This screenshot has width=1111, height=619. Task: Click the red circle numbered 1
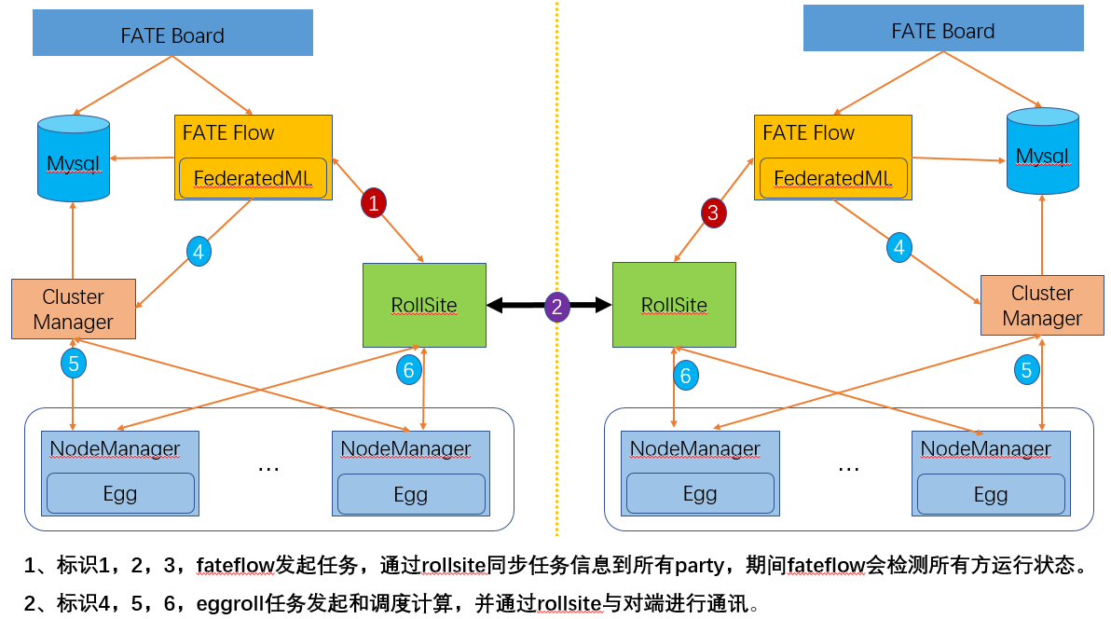coord(374,202)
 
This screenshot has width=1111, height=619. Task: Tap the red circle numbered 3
coord(713,213)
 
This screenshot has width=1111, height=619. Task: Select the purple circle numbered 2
coord(557,307)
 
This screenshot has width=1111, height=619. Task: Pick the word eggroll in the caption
coord(229,603)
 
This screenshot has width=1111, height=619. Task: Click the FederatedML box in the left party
coord(253,178)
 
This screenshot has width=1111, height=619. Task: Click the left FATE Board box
coord(172,34)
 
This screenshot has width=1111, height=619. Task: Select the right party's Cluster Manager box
coord(1042,306)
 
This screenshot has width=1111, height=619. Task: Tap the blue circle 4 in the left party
coord(199,251)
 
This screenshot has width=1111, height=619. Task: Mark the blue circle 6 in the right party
coord(686,375)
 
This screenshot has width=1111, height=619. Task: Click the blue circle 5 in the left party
coord(74,362)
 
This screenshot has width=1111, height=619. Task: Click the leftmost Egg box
coord(120,493)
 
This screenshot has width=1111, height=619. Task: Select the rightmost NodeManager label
coord(985,449)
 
